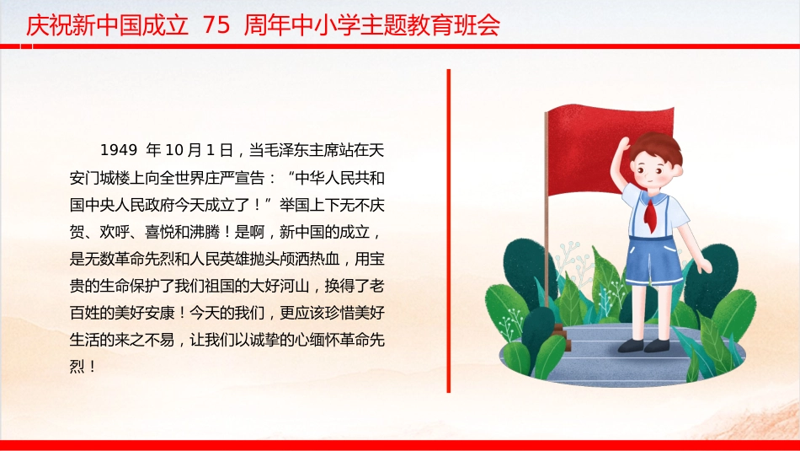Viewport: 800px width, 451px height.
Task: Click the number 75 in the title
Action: click(x=216, y=24)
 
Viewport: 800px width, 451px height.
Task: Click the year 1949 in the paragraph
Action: click(x=119, y=150)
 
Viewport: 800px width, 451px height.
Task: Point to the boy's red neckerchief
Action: click(x=650, y=213)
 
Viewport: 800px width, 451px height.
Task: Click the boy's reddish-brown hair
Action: click(x=657, y=147)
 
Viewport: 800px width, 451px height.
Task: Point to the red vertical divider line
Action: click(x=449, y=231)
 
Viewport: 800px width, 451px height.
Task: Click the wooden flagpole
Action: click(x=547, y=214)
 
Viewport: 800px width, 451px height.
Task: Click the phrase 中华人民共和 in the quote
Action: click(x=340, y=178)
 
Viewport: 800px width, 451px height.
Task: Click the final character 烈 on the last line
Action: click(x=77, y=367)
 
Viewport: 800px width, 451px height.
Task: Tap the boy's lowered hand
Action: click(x=705, y=266)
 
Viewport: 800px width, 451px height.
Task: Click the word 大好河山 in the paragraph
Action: click(x=280, y=286)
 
